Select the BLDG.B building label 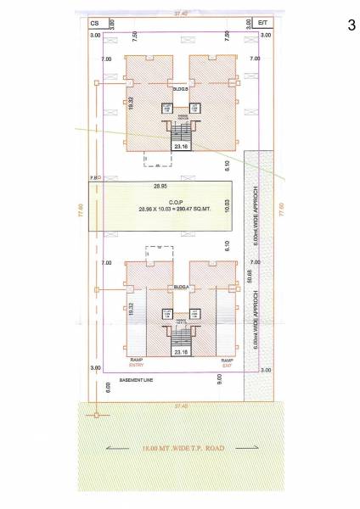[x=180, y=88]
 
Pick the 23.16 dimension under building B [x=179, y=146]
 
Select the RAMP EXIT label [x=227, y=363]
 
